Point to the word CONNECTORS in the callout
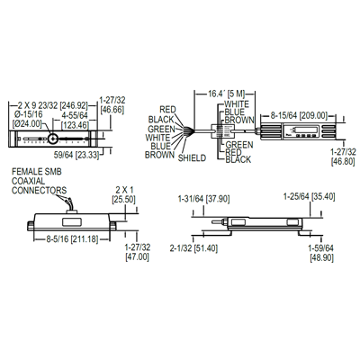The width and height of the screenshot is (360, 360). [38, 189]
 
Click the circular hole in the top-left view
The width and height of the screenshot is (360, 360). [54, 139]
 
